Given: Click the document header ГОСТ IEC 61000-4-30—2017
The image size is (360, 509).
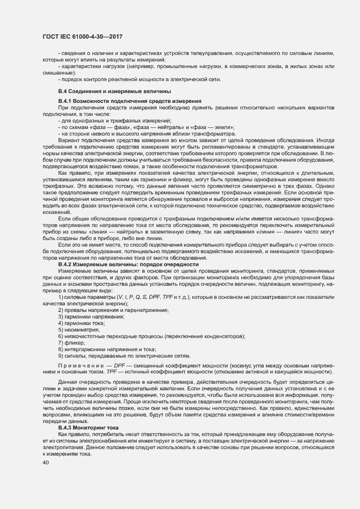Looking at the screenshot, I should [x=81, y=36].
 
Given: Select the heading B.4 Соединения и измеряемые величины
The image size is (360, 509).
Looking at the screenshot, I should [x=114, y=90].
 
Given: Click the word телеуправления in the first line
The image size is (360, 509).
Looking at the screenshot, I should [x=208, y=53].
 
